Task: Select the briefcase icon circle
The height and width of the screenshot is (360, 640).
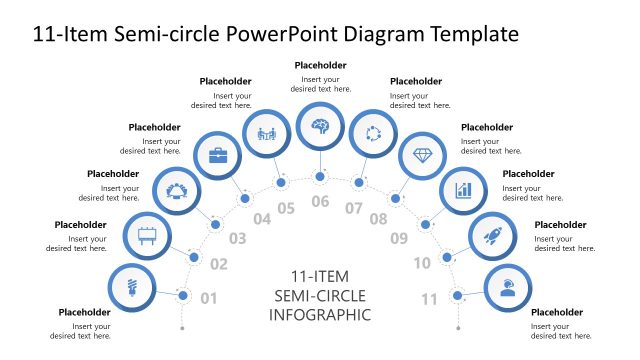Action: click(x=217, y=155)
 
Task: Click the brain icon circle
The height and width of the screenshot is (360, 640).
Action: click(x=320, y=126)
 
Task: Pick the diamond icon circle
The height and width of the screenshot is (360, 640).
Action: click(x=422, y=155)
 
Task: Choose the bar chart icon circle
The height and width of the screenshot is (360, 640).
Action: click(x=462, y=188)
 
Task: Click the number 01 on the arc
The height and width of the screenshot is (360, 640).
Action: click(x=209, y=298)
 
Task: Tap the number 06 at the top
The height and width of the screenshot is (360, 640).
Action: click(x=320, y=202)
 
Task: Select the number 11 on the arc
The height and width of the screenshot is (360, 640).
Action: click(x=430, y=298)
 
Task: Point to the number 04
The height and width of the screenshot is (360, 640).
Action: click(x=262, y=219)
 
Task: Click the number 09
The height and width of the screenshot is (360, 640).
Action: click(x=399, y=239)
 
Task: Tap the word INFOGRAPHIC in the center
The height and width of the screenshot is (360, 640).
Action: click(x=320, y=315)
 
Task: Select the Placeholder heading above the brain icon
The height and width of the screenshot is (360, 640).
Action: click(x=320, y=65)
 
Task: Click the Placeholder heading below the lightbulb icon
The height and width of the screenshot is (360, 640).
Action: click(x=84, y=312)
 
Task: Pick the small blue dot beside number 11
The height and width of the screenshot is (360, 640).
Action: click(x=457, y=295)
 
